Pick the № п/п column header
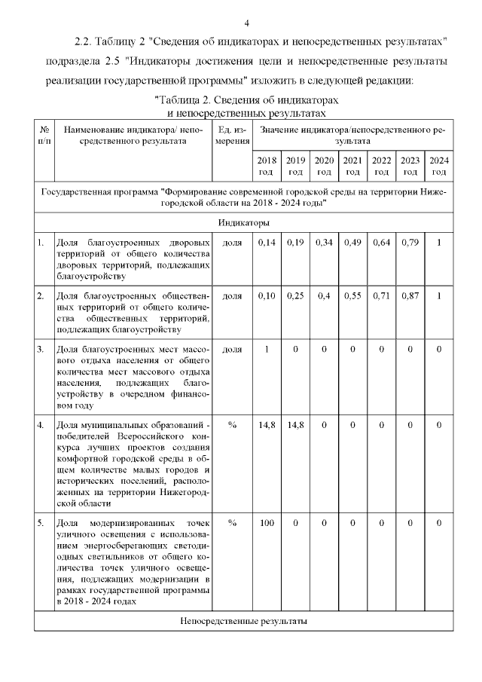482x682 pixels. (44, 135)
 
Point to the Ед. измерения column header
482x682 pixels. (232, 135)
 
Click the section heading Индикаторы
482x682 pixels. (244, 223)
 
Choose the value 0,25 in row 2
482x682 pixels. (295, 296)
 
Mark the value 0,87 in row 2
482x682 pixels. (410, 296)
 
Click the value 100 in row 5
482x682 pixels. (267, 522)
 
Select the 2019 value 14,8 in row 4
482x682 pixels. (295, 425)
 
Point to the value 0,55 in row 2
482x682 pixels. (352, 296)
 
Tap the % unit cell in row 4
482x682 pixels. (232, 425)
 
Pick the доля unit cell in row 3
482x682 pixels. (232, 350)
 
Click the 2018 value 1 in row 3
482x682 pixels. (267, 350)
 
